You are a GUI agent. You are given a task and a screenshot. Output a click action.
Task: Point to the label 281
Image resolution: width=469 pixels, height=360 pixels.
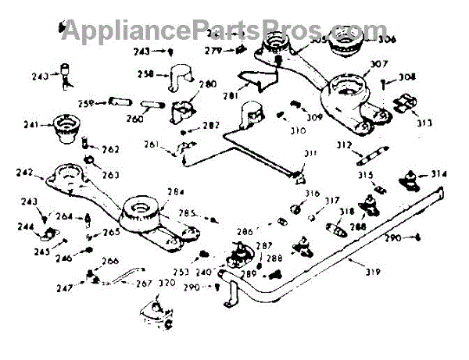tap(229, 95)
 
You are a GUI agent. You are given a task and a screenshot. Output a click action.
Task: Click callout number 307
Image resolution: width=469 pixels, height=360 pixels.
tap(379, 65)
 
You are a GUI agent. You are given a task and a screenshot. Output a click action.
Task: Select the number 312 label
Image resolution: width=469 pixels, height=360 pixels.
tap(344, 145)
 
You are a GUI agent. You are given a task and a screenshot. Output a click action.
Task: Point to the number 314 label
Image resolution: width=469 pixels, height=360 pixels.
tap(439, 174)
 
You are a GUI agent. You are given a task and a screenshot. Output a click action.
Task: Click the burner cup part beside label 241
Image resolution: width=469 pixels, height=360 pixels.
tap(63, 129)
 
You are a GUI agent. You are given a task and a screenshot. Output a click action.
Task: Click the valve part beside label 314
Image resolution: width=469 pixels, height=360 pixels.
tap(409, 179)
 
